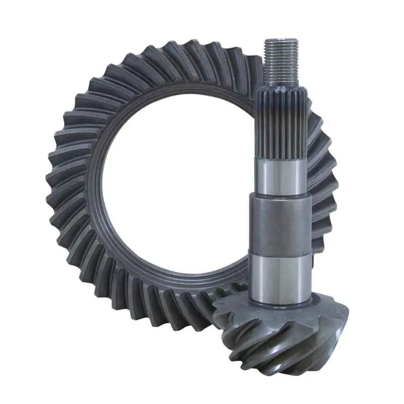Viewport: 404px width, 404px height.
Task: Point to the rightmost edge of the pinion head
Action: click(347, 323)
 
